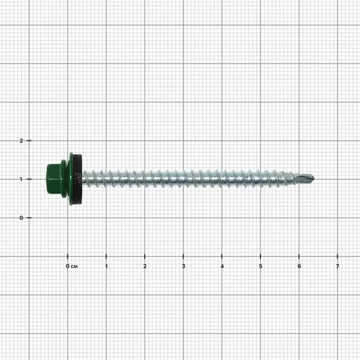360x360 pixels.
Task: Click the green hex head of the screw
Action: point(53,179)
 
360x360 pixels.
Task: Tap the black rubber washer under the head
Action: point(78,179)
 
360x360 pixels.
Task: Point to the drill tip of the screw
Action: point(307,178)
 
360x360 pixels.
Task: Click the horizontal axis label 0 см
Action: point(71,266)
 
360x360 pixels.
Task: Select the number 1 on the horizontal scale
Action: point(106,266)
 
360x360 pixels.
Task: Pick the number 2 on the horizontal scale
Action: point(145,266)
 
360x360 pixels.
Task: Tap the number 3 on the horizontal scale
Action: point(184,266)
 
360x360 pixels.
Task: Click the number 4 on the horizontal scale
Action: point(222,266)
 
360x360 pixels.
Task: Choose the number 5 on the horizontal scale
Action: point(260,266)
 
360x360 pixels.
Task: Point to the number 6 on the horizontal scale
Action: point(299,266)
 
